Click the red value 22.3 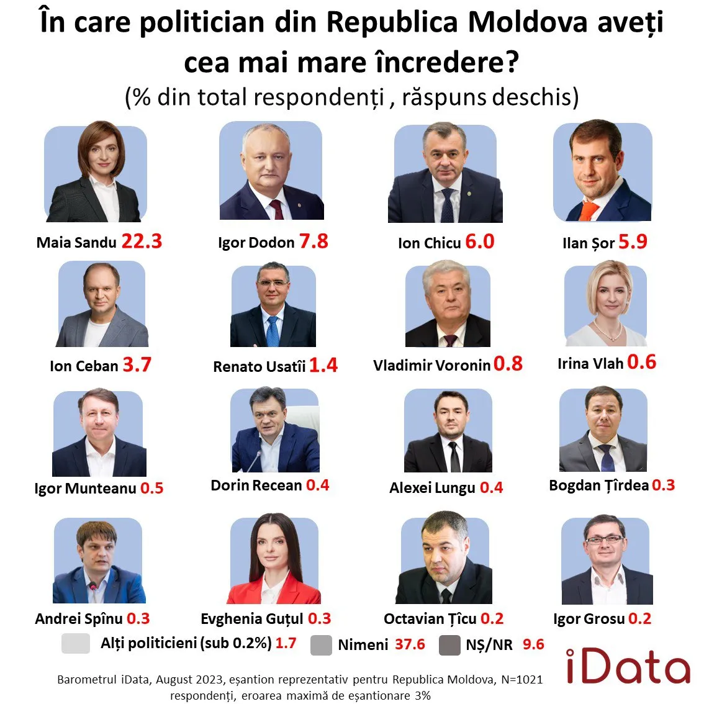tap(142, 241)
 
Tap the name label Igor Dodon tap(256, 243)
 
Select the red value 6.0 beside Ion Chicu tap(479, 241)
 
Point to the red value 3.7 tap(137, 364)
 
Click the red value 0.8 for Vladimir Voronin tap(508, 364)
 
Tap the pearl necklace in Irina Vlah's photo tap(607, 330)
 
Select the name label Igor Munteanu tap(85, 489)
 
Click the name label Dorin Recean tap(256, 485)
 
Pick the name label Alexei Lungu tap(432, 488)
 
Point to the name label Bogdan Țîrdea tap(598, 485)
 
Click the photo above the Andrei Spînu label tap(99, 561)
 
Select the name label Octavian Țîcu tap(430, 619)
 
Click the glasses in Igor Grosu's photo tap(604, 539)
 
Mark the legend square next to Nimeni tap(321, 644)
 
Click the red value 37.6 tap(410, 644)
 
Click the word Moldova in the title tap(527, 23)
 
